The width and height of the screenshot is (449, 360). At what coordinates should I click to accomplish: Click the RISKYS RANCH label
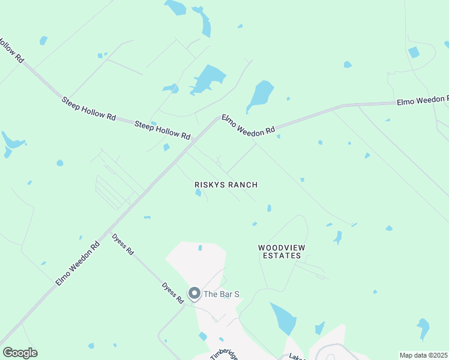[226, 185]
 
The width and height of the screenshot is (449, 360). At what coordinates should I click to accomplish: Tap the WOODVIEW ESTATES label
[279, 251]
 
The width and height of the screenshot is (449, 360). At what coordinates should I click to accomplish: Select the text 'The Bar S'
[221, 294]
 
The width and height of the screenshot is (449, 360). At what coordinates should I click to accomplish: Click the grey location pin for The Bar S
[194, 293]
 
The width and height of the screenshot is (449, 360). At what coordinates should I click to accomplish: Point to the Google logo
[20, 353]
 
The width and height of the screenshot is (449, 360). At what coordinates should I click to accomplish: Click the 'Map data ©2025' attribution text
[423, 355]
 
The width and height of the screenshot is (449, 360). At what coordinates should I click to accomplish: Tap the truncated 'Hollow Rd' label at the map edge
[11, 52]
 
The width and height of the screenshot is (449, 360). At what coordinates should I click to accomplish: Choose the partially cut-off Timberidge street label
[224, 353]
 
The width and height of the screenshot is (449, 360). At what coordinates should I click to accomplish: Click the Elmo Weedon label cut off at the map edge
[423, 100]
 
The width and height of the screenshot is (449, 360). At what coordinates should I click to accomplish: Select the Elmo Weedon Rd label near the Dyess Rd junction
[78, 263]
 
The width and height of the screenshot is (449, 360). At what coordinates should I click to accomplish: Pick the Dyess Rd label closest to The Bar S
[172, 293]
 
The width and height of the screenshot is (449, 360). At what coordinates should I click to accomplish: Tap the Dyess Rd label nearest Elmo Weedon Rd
[122, 244]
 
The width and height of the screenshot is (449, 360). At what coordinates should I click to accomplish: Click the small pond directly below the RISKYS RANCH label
[198, 193]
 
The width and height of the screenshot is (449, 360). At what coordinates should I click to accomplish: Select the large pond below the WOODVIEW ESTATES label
[283, 318]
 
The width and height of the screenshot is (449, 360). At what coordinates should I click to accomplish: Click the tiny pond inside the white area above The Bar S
[200, 247]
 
